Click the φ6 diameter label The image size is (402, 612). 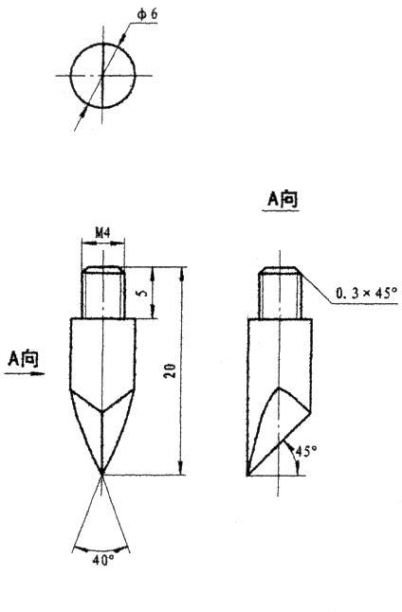146,17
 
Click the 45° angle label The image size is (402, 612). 304,450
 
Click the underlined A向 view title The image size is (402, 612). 282,199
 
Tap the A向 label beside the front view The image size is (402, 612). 24,357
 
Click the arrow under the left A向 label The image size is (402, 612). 25,373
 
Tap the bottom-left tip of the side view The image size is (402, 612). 248,474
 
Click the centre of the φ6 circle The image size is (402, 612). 102,75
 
